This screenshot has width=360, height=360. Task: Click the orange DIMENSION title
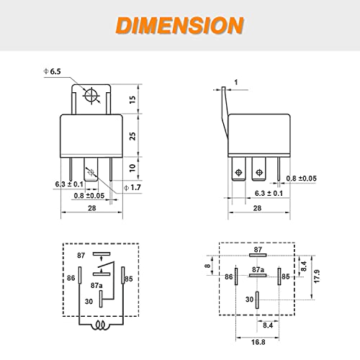pyautogui.click(x=180, y=25)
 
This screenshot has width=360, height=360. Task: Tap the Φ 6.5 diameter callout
pyautogui.click(x=52, y=71)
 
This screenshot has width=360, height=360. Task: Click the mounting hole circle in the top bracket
pyautogui.click(x=91, y=96)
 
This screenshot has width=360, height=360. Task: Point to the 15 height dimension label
pyautogui.click(x=132, y=99)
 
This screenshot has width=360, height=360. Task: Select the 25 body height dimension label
pyautogui.click(x=132, y=136)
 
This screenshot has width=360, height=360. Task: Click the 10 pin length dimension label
pyautogui.click(x=132, y=168)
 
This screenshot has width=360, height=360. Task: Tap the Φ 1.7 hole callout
pyautogui.click(x=132, y=187)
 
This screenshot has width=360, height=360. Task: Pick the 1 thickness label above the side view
pyautogui.click(x=236, y=82)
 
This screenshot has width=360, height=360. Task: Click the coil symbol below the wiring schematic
pyautogui.click(x=101, y=325)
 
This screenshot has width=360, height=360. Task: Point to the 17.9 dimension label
pyautogui.click(x=317, y=276)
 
